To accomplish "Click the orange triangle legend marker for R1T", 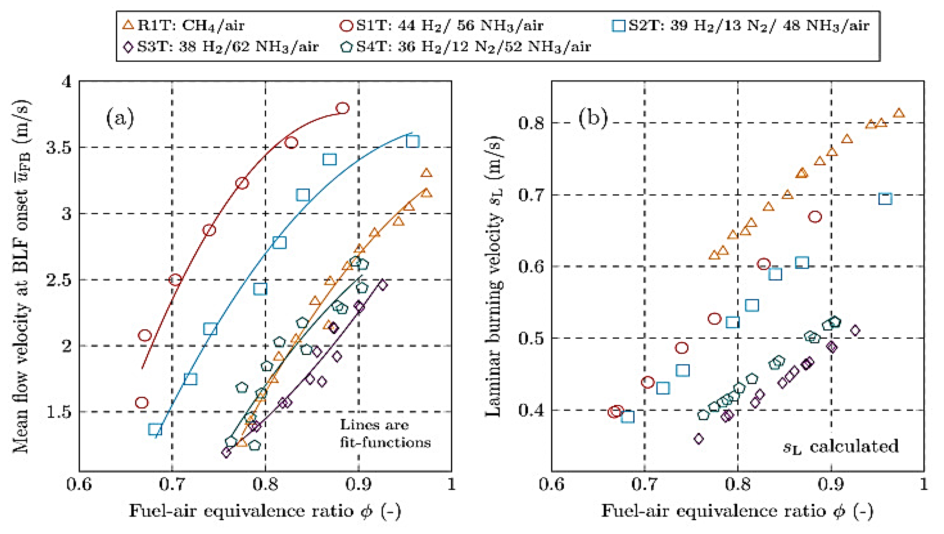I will [x=128, y=25].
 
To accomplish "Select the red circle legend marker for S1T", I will [x=346, y=25].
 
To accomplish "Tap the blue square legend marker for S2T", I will [x=619, y=25].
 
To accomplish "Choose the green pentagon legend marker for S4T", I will [x=346, y=47].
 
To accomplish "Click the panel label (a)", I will [x=120, y=118].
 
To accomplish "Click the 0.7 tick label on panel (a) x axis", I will [x=172, y=484].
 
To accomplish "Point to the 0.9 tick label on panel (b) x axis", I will [x=831, y=484].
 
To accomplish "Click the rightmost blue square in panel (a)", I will [x=413, y=141].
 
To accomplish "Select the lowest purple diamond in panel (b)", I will [x=698, y=439].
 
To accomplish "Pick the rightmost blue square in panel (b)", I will [x=885, y=199].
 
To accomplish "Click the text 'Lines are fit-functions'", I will [x=385, y=434].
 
